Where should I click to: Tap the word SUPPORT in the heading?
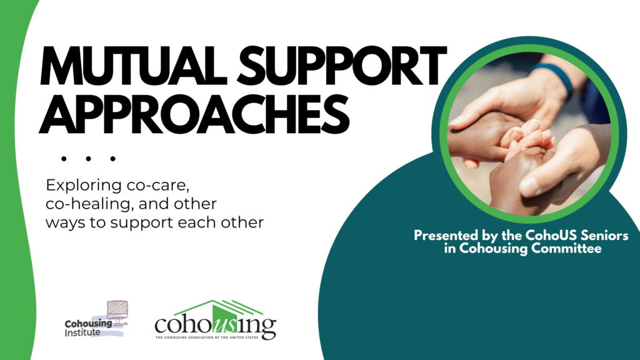[342, 66]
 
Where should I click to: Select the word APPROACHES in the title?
[194, 114]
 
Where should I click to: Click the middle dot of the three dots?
[88, 159]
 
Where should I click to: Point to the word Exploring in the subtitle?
[84, 186]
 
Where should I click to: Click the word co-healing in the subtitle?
[90, 204]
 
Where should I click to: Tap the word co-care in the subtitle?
[158, 186]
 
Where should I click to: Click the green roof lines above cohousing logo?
[219, 307]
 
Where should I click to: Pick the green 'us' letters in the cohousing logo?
[224, 325]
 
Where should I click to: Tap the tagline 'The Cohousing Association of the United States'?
[207, 337]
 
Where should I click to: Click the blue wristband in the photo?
[552, 77]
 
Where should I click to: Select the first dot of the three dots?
[64, 159]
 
